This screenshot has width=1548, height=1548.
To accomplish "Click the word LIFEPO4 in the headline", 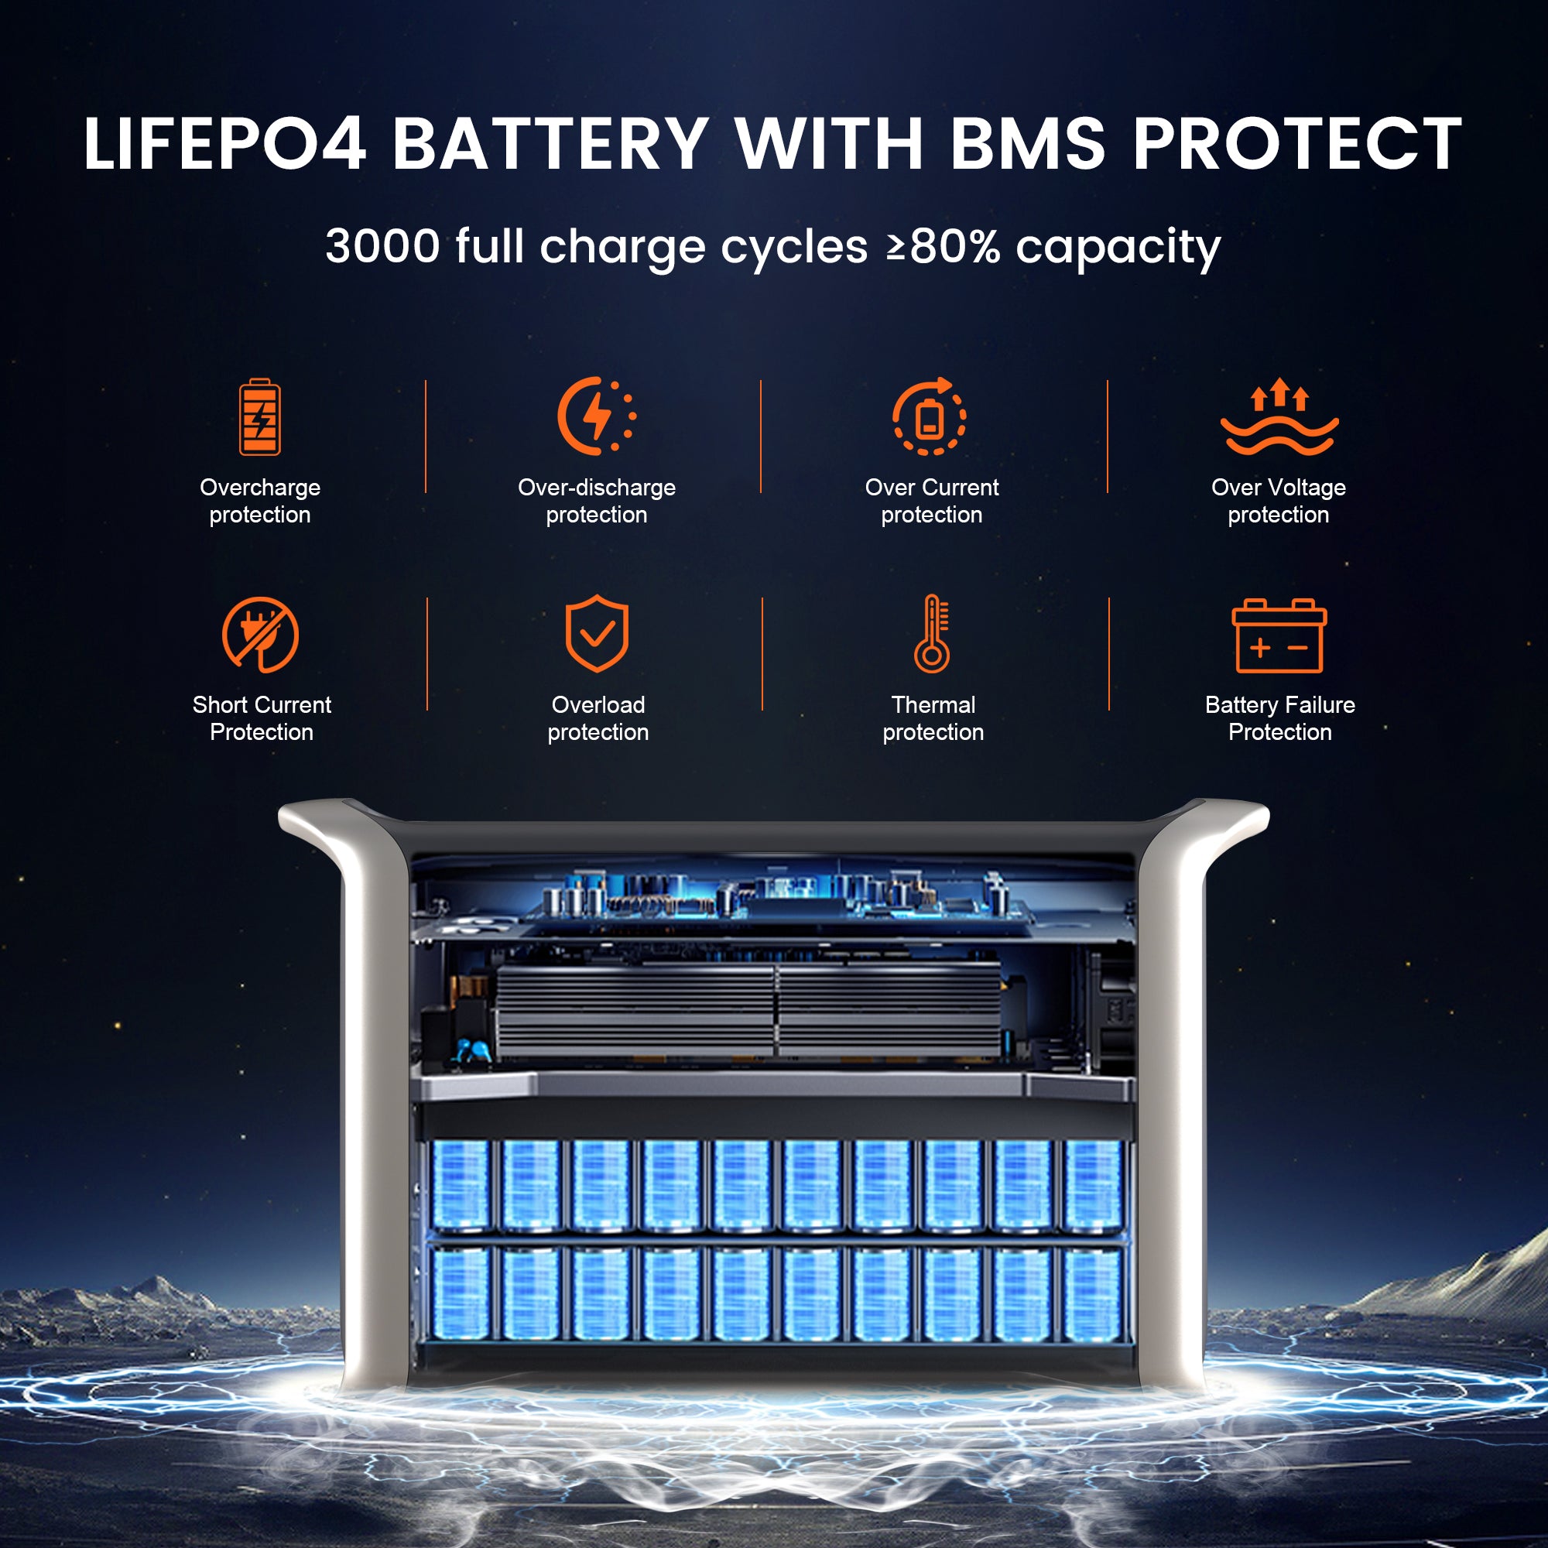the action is [x=225, y=143].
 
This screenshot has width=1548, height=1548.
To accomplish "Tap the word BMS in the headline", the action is [x=1027, y=143].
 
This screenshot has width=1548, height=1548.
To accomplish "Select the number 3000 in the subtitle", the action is [x=382, y=246].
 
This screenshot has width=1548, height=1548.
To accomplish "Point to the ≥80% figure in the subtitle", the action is [x=943, y=246].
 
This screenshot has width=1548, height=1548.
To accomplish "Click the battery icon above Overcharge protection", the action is [x=259, y=416].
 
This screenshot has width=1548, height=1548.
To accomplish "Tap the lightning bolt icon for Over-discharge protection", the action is [x=597, y=416].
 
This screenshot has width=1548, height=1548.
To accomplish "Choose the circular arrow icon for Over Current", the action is [x=930, y=416].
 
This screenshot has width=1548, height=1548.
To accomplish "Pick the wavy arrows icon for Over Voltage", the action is [x=1279, y=416].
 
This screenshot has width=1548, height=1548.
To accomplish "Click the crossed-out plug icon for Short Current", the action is [x=260, y=635].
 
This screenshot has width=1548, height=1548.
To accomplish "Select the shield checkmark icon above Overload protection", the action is [x=597, y=633].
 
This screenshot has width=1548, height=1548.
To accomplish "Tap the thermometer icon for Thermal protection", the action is [x=932, y=633].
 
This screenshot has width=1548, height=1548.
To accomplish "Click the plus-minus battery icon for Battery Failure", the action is [x=1279, y=635].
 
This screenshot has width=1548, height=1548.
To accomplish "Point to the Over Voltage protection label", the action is [x=1279, y=501].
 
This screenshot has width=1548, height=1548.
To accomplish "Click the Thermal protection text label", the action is [x=933, y=718].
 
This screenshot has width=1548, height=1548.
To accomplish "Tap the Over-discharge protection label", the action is [x=597, y=501].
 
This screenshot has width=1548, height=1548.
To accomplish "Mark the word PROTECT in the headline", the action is [x=1297, y=143].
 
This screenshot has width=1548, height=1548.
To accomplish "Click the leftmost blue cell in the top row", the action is [x=460, y=1185].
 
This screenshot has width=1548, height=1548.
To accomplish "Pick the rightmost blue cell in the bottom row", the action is [x=1093, y=1294].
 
